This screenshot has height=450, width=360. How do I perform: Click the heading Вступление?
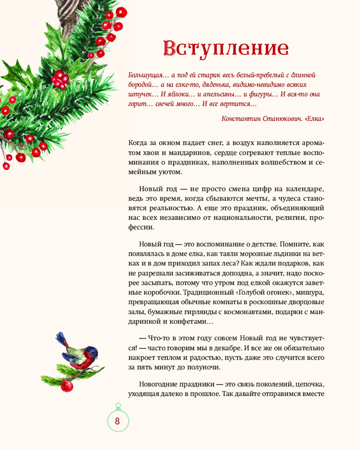[x=225, y=48]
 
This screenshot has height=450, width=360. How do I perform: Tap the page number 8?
[x=117, y=422]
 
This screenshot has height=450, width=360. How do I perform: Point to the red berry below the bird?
[x=67, y=385]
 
